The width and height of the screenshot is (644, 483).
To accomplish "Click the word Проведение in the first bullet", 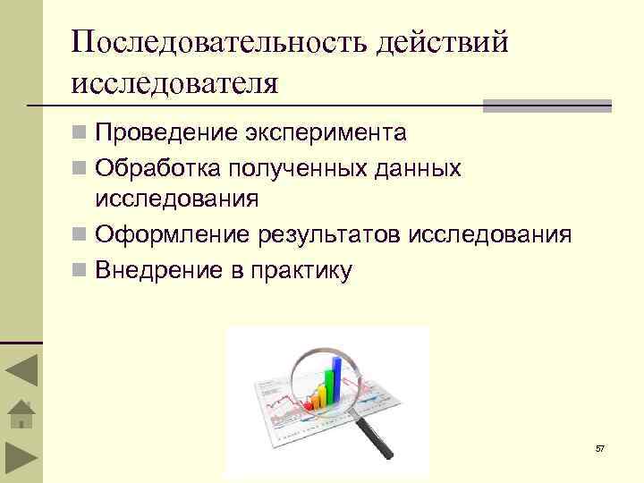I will point(165,133).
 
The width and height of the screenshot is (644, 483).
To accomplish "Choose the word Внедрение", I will point(161,269).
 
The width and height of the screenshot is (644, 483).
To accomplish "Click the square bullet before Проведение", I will point(80,134).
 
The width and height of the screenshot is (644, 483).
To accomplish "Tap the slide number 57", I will point(599,448).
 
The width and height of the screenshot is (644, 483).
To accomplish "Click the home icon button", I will point(21,416).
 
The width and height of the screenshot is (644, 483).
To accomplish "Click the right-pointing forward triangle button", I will point(21,462).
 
